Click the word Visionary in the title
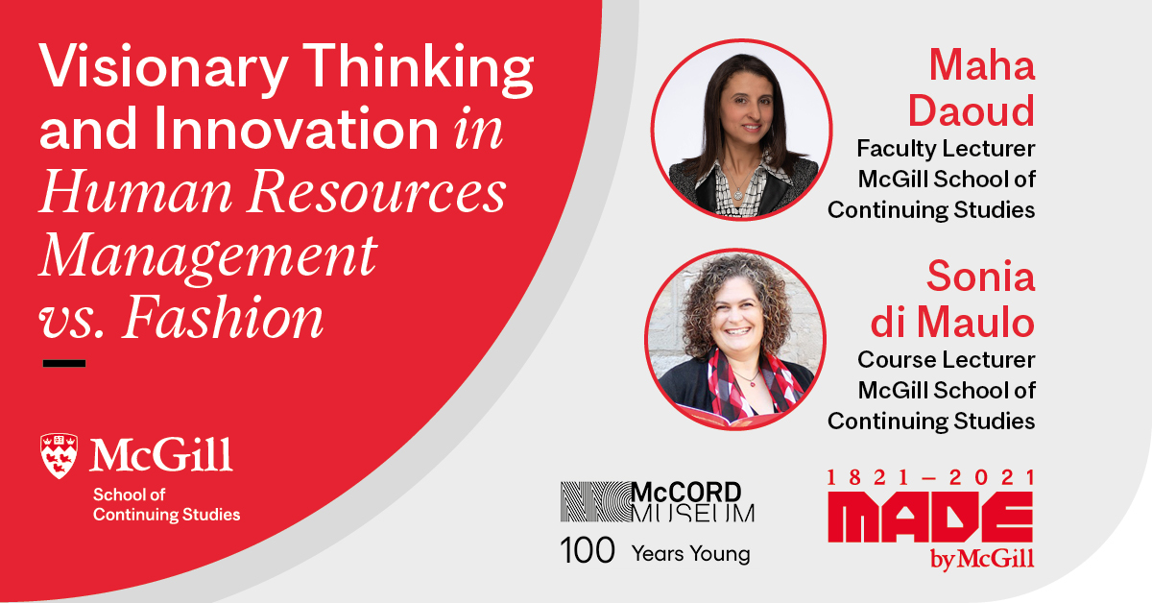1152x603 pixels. pyautogui.click(x=163, y=67)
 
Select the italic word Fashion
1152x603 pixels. pyautogui.click(x=223, y=317)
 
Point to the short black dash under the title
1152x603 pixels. pyautogui.click(x=64, y=363)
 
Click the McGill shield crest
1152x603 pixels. pyautogui.click(x=60, y=456)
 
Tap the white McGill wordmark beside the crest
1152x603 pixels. pyautogui.click(x=161, y=455)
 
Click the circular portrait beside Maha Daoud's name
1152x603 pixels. pyautogui.click(x=741, y=131)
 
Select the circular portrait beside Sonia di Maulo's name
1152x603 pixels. pyautogui.click(x=735, y=340)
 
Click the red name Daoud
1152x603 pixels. pyautogui.click(x=971, y=110)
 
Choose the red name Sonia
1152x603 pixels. pyautogui.click(x=981, y=277)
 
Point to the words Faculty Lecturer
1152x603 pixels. pyautogui.click(x=946, y=149)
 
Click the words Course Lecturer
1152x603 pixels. pyautogui.click(x=947, y=360)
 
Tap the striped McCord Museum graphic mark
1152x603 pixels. pyautogui.click(x=595, y=501)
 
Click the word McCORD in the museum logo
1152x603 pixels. pyautogui.click(x=686, y=493)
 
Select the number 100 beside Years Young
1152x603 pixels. pyautogui.click(x=588, y=550)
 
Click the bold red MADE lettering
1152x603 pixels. pyautogui.click(x=930, y=517)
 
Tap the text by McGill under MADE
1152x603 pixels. pyautogui.click(x=982, y=559)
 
